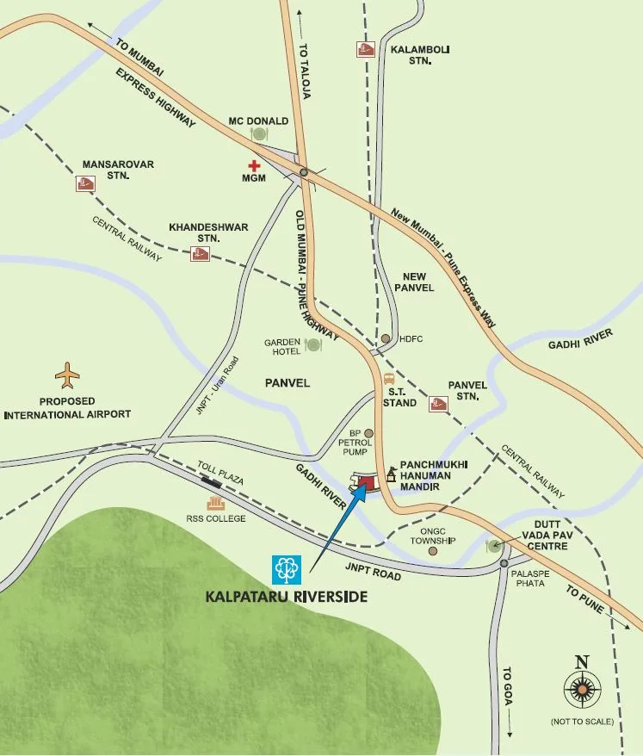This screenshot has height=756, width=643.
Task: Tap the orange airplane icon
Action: tap(67, 375)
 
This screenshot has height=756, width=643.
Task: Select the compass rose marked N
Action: tap(582, 689)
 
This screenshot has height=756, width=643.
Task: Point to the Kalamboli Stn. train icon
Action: tap(365, 50)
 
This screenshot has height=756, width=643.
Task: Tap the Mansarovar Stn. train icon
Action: tap(84, 183)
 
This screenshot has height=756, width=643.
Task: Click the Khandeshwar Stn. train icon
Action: tap(200, 253)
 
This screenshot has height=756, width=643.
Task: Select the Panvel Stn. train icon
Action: tap(438, 403)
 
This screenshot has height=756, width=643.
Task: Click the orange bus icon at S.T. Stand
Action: tap(389, 378)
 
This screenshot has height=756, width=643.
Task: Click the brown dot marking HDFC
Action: tap(386, 338)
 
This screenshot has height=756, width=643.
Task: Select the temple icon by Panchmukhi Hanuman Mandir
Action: tap(392, 473)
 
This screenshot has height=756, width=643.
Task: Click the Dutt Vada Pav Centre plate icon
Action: tap(494, 545)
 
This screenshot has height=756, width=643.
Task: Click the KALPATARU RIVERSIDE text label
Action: tap(286, 596)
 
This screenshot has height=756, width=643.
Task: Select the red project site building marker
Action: tap(366, 482)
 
